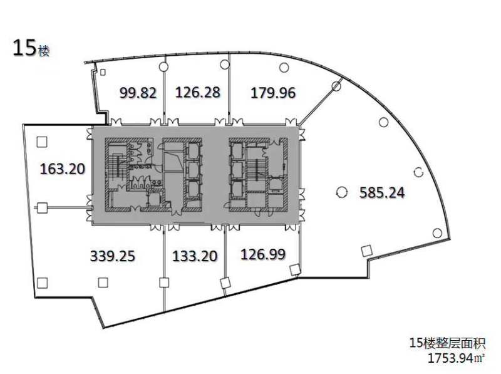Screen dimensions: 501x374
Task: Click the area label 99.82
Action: [x=138, y=93]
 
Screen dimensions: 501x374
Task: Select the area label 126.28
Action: [x=198, y=92]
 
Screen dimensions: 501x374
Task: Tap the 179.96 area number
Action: [x=273, y=93]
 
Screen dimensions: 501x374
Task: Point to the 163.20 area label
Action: [x=63, y=169]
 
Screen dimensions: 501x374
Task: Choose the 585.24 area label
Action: [x=382, y=192]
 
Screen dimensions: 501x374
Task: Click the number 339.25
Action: [x=113, y=256]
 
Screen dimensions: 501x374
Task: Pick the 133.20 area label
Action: [x=195, y=256]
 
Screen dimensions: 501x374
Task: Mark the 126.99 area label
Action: [x=263, y=254]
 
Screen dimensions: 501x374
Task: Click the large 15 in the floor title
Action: [x=24, y=49]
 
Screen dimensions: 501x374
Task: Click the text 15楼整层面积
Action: [x=447, y=343]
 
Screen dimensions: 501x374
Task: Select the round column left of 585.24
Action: [x=341, y=192]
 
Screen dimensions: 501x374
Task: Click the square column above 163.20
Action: [x=42, y=142]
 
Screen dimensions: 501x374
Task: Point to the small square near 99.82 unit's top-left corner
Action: [x=103, y=72]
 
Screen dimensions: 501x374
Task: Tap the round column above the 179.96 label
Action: [x=284, y=68]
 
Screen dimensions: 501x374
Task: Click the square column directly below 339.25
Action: [x=103, y=283]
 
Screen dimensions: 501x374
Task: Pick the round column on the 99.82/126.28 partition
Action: [x=163, y=66]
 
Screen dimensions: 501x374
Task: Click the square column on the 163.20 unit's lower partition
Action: [x=42, y=208]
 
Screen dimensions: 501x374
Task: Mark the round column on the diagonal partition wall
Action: [x=336, y=86]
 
